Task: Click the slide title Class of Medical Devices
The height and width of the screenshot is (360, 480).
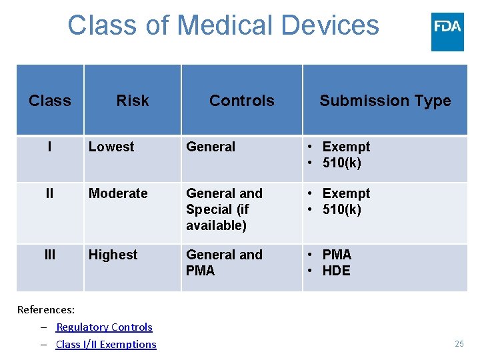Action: [x=223, y=26]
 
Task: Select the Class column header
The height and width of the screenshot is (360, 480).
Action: [x=50, y=101]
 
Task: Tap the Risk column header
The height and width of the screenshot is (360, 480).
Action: [x=133, y=101]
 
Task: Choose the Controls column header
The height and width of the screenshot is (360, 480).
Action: [x=241, y=101]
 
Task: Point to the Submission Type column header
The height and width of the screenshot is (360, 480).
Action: [x=385, y=101]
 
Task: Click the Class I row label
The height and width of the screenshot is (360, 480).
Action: [x=50, y=147]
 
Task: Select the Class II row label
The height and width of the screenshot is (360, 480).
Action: [x=50, y=193]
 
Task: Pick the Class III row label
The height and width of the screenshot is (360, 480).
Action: [x=50, y=255]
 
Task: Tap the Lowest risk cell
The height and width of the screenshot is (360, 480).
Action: [x=111, y=147]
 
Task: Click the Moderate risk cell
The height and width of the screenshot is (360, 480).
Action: [x=118, y=193]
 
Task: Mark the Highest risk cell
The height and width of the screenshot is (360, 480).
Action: [x=113, y=255]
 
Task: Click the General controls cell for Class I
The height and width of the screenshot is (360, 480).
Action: [x=211, y=147]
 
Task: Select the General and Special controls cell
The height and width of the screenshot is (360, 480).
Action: [x=224, y=209]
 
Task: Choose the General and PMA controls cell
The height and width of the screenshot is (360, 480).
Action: [x=224, y=263]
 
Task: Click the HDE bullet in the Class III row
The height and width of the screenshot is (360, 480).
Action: [x=336, y=271]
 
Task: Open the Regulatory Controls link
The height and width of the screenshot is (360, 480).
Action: [x=104, y=327]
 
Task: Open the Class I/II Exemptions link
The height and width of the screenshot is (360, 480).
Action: [x=106, y=345]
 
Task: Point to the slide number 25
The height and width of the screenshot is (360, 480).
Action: [x=459, y=344]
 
